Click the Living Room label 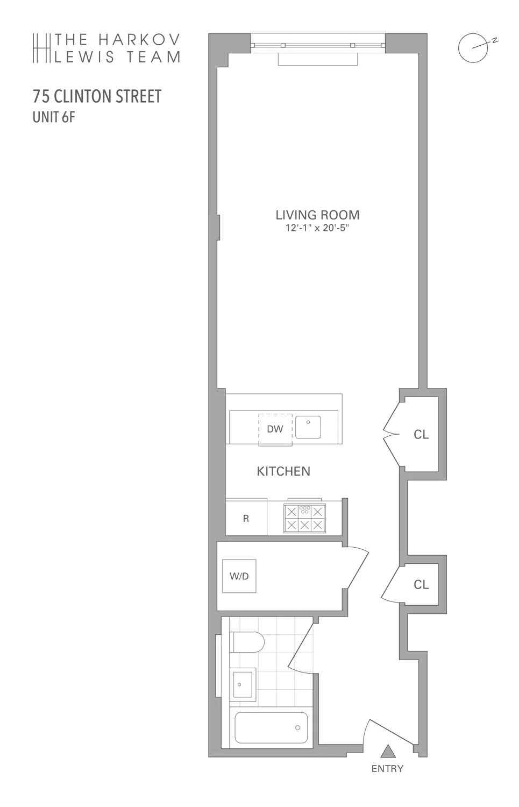point(317,215)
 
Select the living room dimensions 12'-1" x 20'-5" point(317,228)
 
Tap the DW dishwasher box point(275,429)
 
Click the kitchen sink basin point(308,427)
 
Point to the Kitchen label point(283,471)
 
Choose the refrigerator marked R point(246,518)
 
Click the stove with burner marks point(304,518)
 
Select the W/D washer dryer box point(239,576)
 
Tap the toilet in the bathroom point(247,642)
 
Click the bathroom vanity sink point(243,684)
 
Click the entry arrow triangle point(388,751)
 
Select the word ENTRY point(387,769)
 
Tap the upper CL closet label point(421,435)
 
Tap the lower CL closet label point(421,584)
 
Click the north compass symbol point(473,48)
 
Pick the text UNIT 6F point(54,117)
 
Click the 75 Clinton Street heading point(97,96)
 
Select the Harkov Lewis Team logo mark point(41,48)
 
